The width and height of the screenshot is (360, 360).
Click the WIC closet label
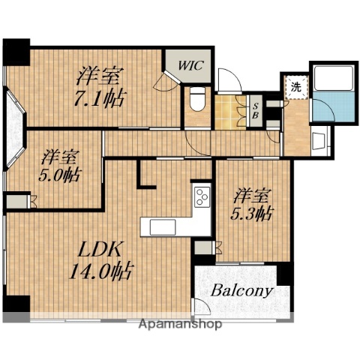point(191,65)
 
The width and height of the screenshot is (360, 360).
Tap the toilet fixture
point(197,98)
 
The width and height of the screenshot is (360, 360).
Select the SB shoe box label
point(255,111)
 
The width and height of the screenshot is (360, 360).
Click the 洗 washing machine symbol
point(296,88)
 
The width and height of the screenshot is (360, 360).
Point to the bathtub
point(334,78)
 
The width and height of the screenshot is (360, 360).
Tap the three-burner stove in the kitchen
point(202,197)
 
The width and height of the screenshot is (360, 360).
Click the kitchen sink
point(163,227)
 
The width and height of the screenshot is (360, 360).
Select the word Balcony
point(241,291)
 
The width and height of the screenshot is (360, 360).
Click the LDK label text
point(100,249)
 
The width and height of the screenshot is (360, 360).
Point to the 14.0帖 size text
point(100,271)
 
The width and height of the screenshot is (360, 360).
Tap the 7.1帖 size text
point(100,98)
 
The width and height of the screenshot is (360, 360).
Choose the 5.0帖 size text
point(60,175)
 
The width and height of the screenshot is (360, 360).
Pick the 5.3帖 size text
point(252,213)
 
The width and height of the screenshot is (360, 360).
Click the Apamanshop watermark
point(180,324)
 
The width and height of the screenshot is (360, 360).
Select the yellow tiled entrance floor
point(231,112)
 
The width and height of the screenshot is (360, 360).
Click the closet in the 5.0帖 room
point(17,202)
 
